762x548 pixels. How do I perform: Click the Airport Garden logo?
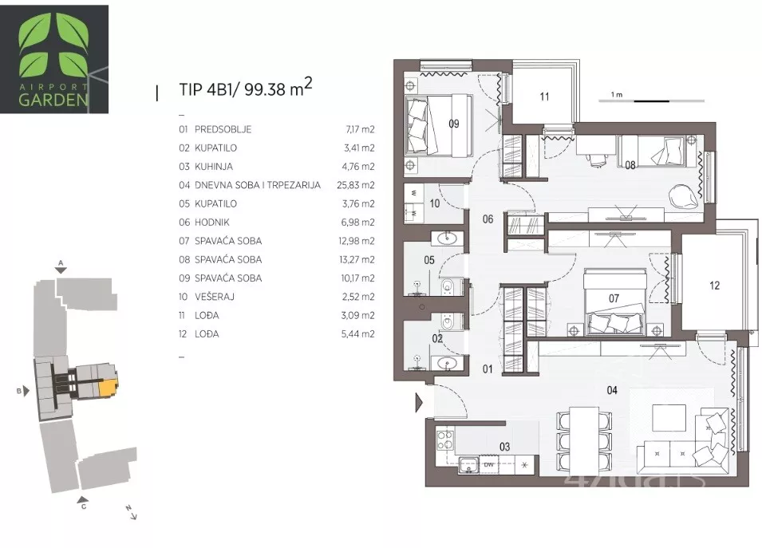point(54,59)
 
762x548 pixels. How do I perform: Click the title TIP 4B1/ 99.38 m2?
point(246,88)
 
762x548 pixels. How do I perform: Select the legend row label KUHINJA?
point(213,167)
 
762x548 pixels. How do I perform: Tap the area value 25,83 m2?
point(356,185)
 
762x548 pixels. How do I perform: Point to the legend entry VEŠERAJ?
point(215,297)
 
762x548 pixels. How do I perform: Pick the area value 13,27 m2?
point(357,259)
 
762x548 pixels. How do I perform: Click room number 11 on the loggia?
point(544,97)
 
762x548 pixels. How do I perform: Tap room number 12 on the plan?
point(714,286)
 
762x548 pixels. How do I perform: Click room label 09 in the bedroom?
point(453,124)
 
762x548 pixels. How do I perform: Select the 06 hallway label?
point(488,219)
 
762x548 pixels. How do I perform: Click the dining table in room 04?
point(583,440)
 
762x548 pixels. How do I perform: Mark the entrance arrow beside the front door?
point(420,403)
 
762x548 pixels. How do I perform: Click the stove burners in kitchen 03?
point(444,440)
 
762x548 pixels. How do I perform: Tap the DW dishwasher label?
point(488,465)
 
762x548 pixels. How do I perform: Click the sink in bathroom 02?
point(447,363)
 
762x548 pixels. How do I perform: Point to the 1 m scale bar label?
point(617,95)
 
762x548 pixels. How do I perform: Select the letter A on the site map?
point(61,262)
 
